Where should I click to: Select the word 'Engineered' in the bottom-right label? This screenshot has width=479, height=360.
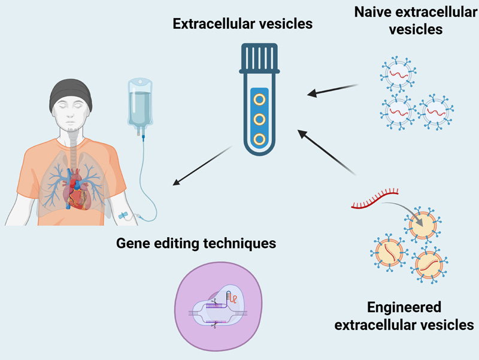tap(404, 308)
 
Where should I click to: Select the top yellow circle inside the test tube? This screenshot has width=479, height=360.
tap(259, 97)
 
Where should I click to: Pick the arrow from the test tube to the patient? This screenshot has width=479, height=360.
tap(201, 165)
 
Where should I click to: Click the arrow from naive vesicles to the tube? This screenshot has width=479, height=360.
tap(332, 90)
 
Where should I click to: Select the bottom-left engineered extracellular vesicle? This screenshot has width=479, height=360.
tap(389, 252)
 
